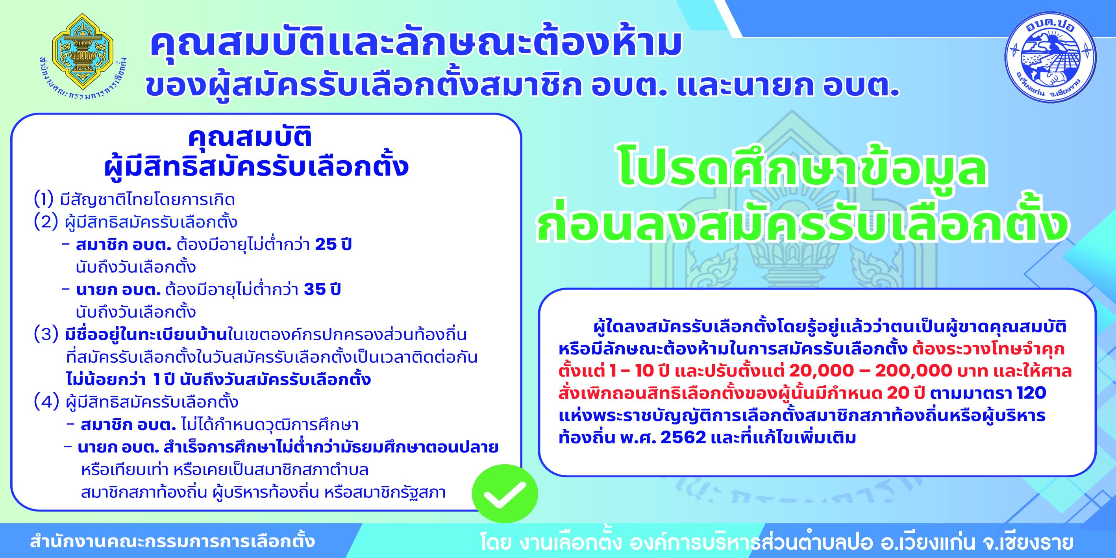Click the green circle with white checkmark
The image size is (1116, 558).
coord(505,493)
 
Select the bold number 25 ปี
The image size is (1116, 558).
coord(333,245)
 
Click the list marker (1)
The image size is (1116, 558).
coord(43,200)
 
